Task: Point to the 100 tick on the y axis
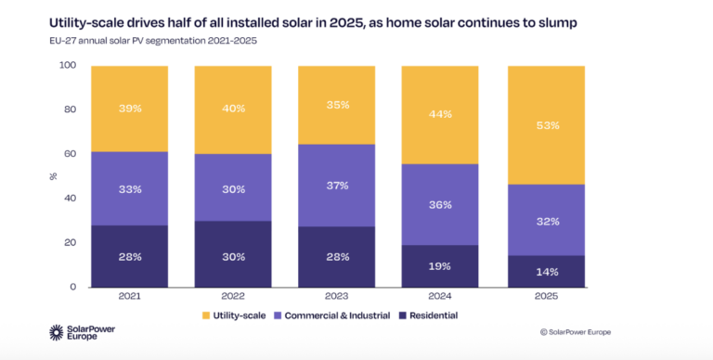coord(68,66)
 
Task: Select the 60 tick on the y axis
coord(70,154)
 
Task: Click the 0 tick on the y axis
coord(72,287)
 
